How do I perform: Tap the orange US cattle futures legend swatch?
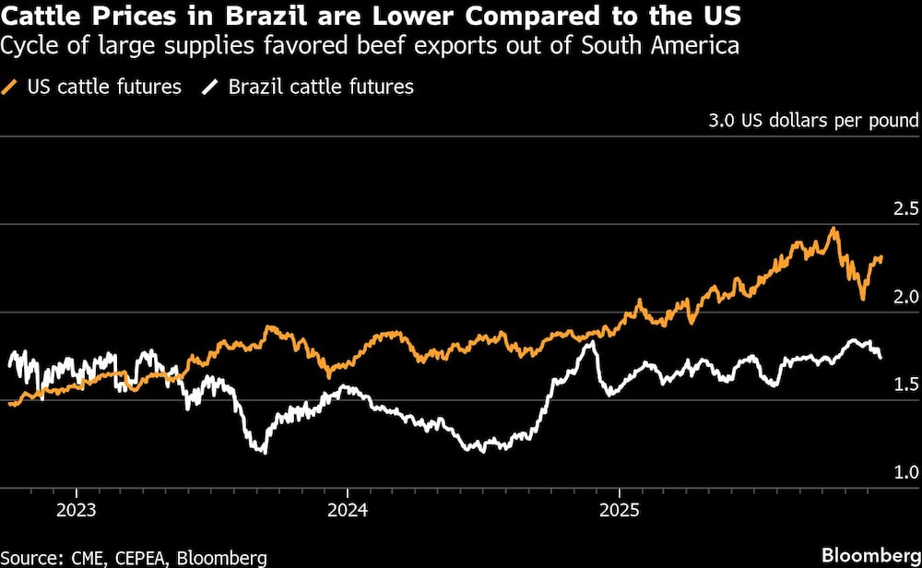[11, 88]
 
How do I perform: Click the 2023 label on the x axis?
[76, 509]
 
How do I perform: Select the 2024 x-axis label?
[348, 509]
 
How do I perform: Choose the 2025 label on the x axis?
[620, 509]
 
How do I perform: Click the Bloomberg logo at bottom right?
[868, 555]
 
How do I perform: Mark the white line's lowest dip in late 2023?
[264, 452]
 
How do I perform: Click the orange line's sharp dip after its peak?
[862, 298]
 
